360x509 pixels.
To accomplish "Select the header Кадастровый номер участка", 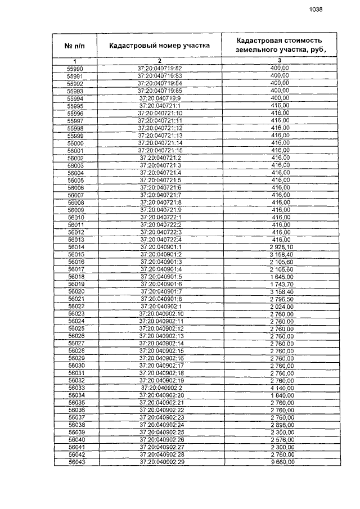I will pyautogui.click(x=159, y=45).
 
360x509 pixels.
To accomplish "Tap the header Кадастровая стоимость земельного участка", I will pyautogui.click(x=279, y=46).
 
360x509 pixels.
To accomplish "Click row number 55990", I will pyautogui.click(x=75, y=69).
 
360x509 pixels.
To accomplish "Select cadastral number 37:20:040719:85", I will pyautogui.click(x=160, y=91).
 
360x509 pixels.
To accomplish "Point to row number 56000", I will pyautogui.click(x=75, y=143).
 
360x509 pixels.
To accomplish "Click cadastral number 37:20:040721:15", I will pyautogui.click(x=160, y=151).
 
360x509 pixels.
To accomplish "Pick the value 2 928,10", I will pyautogui.click(x=279, y=247).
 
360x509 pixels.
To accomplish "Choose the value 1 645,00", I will pyautogui.click(x=279, y=277).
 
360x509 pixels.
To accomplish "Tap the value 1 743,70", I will pyautogui.click(x=279, y=284).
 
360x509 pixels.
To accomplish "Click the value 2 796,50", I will pyautogui.click(x=279, y=299).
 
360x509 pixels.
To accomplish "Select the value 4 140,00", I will pyautogui.click(x=279, y=388).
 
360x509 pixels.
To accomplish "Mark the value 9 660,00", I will pyautogui.click(x=279, y=462).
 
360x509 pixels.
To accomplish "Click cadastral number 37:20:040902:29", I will pyautogui.click(x=160, y=462).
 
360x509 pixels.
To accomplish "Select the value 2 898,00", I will pyautogui.click(x=279, y=425).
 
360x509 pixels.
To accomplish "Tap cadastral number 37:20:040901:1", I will pyautogui.click(x=160, y=247).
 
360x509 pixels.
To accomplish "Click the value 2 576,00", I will pyautogui.click(x=279, y=440).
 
